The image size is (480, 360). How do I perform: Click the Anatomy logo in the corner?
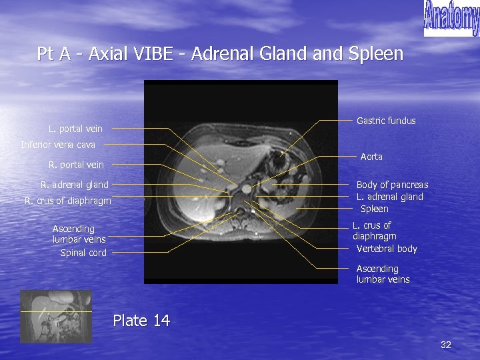pos(451,18)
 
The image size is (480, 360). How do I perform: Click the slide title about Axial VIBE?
pos(220,53)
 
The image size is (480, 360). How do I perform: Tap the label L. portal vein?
pos(75,129)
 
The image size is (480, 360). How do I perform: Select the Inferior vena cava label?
pos(58,145)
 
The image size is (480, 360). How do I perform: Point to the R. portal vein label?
pos(76,165)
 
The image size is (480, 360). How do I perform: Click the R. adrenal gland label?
pos(75,185)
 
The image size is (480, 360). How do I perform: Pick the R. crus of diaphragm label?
pos(68,201)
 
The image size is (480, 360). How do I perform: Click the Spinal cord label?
pos(83,253)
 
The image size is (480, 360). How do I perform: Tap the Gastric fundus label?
pos(386,121)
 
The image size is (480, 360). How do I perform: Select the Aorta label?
pos(371,157)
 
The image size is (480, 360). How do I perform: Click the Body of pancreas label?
pos(392,185)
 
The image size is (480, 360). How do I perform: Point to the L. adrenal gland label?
pos(389,197)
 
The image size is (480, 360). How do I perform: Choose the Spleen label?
pos(374,209)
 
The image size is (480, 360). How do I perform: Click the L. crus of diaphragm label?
pos(374,231)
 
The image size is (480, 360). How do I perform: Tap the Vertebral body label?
pos(387,249)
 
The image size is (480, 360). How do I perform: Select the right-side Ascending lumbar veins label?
pos(383,274)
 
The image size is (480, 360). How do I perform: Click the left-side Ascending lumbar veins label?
pos(79,234)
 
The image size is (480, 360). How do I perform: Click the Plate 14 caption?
pos(141,321)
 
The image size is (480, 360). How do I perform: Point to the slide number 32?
pos(446,345)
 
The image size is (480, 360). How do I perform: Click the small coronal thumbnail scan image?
pos(55,316)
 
